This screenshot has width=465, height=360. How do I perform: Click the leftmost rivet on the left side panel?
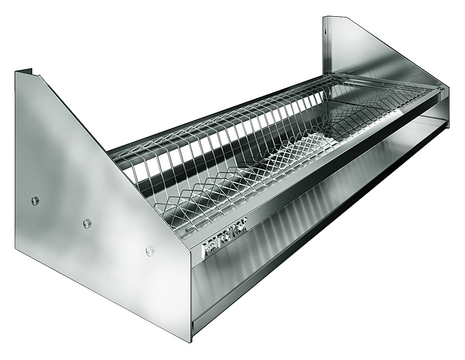pyautogui.click(x=35, y=200)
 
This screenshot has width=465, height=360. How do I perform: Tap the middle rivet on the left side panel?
pyautogui.click(x=87, y=224)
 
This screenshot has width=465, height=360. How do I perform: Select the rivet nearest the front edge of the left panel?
pyautogui.click(x=150, y=251)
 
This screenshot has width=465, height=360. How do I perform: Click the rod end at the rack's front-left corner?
pyautogui.click(x=188, y=228)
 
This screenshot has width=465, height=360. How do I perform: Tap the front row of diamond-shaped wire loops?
pyautogui.click(x=271, y=181)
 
